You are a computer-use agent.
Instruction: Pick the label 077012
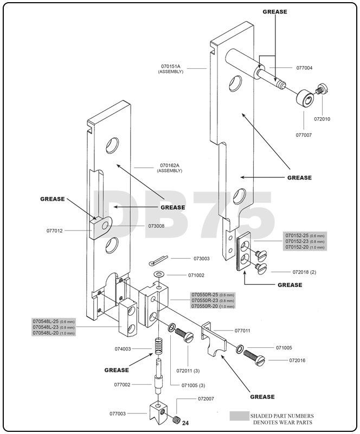(x=55, y=231)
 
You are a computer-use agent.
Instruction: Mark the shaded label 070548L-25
(x=46, y=321)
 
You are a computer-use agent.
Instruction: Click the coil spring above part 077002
(x=157, y=345)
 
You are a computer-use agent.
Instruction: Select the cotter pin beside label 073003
(x=160, y=259)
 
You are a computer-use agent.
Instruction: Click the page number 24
(x=185, y=423)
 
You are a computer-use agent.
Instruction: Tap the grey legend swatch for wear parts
(x=238, y=416)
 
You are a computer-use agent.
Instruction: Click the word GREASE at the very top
(x=274, y=11)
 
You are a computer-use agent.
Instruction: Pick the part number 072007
(x=206, y=399)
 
